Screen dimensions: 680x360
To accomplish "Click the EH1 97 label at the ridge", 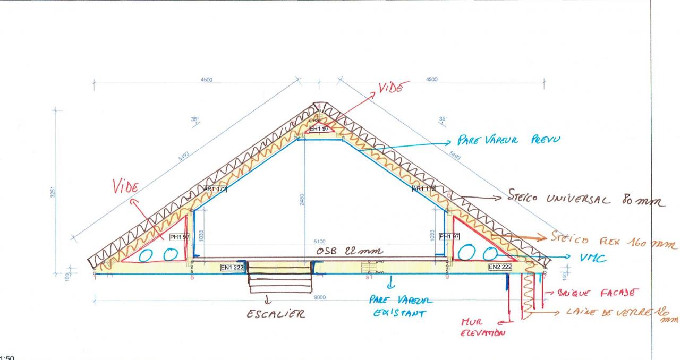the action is tap(320, 129).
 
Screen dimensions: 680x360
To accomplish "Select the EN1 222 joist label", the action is tap(232, 268).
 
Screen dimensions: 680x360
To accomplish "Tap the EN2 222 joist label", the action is tap(499, 267).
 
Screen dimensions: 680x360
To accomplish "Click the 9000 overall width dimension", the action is tap(319, 298).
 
